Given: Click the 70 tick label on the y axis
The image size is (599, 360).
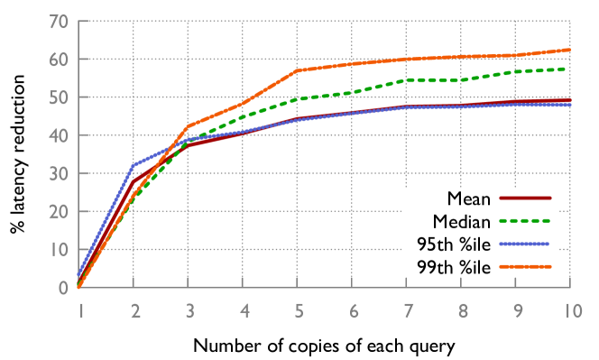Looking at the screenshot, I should point(60,22).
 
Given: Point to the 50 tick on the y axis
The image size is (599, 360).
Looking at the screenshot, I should point(60,97).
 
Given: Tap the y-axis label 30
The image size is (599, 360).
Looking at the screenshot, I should point(60,174).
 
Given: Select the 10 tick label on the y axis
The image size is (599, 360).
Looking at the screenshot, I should point(60,250).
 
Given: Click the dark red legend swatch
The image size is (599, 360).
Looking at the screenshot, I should point(524,197).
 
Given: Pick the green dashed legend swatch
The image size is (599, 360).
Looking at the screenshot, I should point(524,220).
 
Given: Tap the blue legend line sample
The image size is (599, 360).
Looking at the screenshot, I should point(524,244).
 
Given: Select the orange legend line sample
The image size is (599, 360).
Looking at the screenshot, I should point(524,266).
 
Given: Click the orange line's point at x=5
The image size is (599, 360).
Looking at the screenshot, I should point(298,70).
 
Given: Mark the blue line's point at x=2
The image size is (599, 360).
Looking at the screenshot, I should point(134,165).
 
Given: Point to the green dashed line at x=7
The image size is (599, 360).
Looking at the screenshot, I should point(407,79).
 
